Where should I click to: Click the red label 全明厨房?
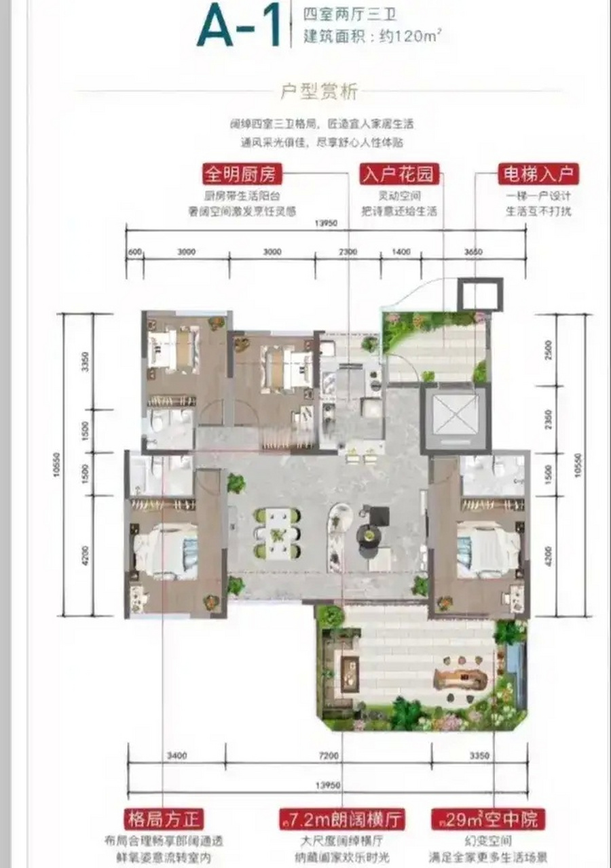point(241,174)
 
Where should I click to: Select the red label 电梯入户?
point(538,174)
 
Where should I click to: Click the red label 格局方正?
point(164,818)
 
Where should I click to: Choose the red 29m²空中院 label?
point(487,818)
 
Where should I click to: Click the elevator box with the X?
point(455,416)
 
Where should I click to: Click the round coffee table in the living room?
point(370,536)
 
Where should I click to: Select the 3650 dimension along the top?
point(473,252)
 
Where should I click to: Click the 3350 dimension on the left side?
point(85,363)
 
